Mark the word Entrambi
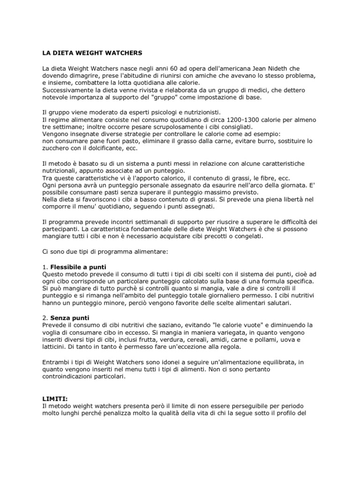pos(56,362)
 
